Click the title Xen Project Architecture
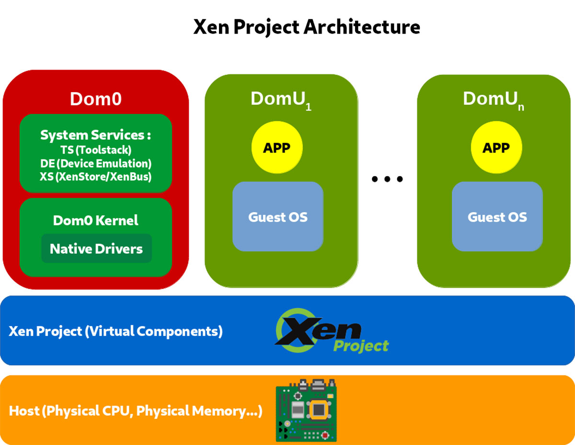pos(307,27)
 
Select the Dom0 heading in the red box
pos(96,99)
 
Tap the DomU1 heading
pos(281,99)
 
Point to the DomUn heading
pos(493,99)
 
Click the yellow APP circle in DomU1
pos(277,148)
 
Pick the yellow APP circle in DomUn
pos(496,148)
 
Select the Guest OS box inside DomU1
pos(278,216)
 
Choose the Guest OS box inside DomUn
pos(497,216)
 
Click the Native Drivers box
pos(96,249)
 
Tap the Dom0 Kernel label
pos(96,221)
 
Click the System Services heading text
pos(96,135)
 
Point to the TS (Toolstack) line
pos(96,150)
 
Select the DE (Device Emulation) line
pos(96,163)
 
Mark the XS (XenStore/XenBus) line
pos(96,177)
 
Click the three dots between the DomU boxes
pos(387,180)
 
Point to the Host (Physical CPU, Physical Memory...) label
pos(136,411)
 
